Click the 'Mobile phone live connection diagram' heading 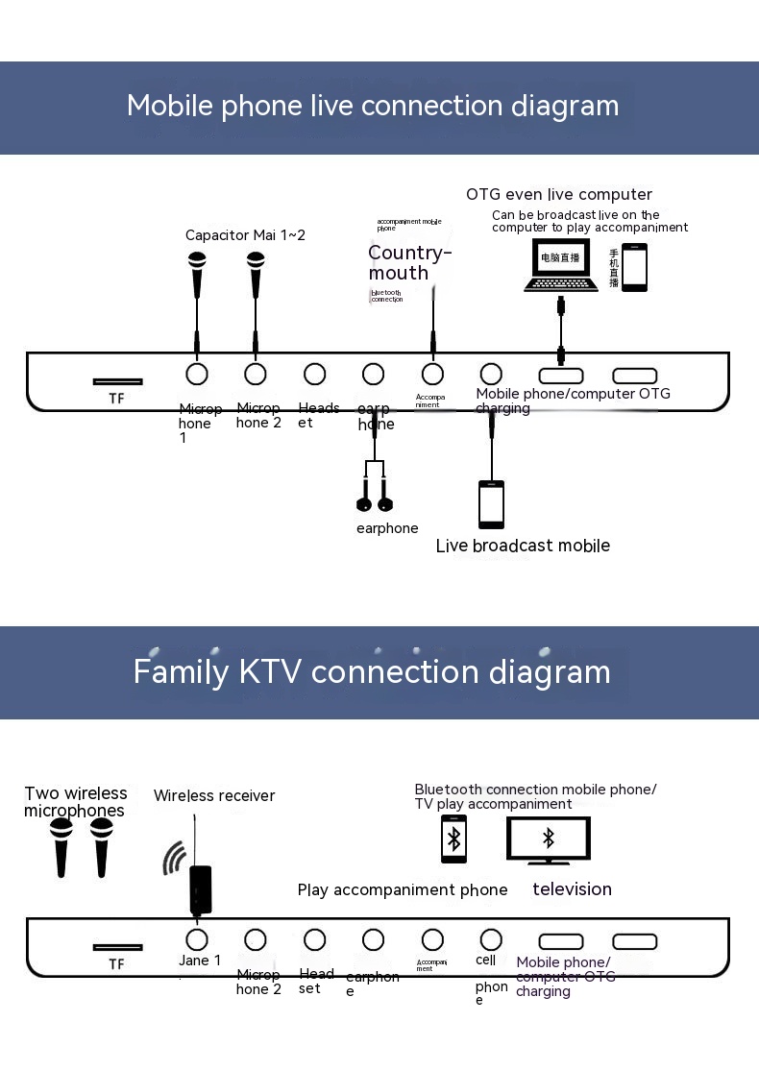pyautogui.click(x=373, y=106)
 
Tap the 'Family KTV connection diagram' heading pyautogui.click(x=372, y=670)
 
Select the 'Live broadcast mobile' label pyautogui.click(x=523, y=546)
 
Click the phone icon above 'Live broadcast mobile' pyautogui.click(x=491, y=504)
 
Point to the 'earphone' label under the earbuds pyautogui.click(x=387, y=528)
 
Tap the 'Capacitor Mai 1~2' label pyautogui.click(x=245, y=235)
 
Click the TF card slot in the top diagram pyautogui.click(x=117, y=381)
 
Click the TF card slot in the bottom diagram pyautogui.click(x=117, y=947)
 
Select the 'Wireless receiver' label pyautogui.click(x=214, y=795)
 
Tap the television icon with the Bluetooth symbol pyautogui.click(x=549, y=839)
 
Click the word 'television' pyautogui.click(x=572, y=889)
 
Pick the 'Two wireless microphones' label pyautogui.click(x=75, y=802)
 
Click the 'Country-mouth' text pyautogui.click(x=409, y=262)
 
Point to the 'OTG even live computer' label pyautogui.click(x=559, y=194)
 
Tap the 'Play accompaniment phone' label pyautogui.click(x=403, y=889)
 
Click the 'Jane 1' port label pyautogui.click(x=200, y=961)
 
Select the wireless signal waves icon pyautogui.click(x=174, y=858)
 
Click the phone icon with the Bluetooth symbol pyautogui.click(x=453, y=839)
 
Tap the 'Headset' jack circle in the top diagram pyautogui.click(x=314, y=374)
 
